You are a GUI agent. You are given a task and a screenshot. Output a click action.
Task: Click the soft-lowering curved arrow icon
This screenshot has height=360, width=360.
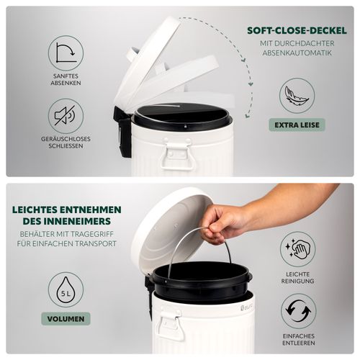click(x=66, y=53)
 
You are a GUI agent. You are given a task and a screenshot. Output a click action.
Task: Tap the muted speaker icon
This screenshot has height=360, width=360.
click(x=66, y=116)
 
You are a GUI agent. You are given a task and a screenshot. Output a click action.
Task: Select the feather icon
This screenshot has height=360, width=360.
click(x=297, y=96)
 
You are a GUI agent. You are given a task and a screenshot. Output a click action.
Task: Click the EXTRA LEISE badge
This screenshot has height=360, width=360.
click(x=297, y=125)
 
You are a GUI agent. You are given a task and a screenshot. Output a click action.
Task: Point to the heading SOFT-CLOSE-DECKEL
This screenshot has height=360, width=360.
click(x=297, y=30)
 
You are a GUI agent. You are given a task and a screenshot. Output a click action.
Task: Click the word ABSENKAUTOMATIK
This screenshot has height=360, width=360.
click(x=297, y=53)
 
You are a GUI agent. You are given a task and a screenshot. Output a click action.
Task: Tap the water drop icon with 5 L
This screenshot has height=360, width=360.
click(x=66, y=290)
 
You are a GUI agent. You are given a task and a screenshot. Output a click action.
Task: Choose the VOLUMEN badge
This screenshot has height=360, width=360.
click(x=66, y=319)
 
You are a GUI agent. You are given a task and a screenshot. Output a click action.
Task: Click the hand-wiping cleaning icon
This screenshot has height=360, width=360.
click(x=298, y=249)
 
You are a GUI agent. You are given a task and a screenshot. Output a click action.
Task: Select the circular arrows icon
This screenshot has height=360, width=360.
click(x=299, y=311)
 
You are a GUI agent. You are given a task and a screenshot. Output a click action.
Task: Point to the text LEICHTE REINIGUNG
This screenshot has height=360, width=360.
click(x=298, y=278)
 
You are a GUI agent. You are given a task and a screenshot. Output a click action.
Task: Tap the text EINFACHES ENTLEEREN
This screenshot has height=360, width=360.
click(x=299, y=340)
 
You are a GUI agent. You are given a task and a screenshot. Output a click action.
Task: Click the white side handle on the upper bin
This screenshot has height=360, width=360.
click(x=177, y=153)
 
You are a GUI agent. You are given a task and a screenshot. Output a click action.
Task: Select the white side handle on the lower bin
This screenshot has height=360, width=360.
click(x=170, y=322)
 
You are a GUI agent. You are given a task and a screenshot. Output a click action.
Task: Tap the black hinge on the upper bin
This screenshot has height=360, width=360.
click(x=122, y=132)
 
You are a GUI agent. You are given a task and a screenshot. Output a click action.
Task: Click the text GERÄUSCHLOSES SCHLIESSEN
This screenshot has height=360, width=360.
click(x=66, y=143)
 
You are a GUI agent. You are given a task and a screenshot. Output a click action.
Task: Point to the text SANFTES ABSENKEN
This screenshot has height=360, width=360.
click(x=66, y=79)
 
